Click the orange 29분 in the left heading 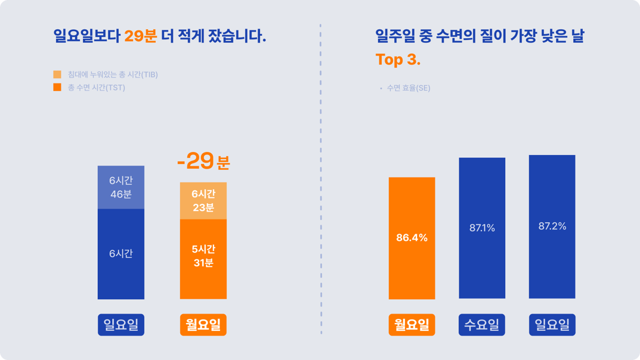(x=140, y=36)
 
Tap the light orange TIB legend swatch (x=57, y=74)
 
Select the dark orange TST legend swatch (x=57, y=87)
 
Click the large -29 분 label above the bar (x=203, y=161)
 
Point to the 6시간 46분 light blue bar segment (x=121, y=187)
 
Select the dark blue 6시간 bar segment (x=121, y=254)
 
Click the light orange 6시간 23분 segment (x=203, y=201)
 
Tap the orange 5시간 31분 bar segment (x=203, y=259)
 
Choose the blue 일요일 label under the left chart (x=121, y=324)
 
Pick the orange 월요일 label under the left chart (x=203, y=324)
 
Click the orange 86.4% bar (x=412, y=238)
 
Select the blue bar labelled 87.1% (x=482, y=228)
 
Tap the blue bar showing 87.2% (x=552, y=226)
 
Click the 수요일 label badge (x=482, y=324)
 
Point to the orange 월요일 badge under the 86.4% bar (x=412, y=324)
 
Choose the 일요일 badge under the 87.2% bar (x=552, y=324)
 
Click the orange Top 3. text (x=398, y=60)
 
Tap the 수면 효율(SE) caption (x=409, y=88)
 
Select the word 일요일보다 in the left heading (x=87, y=36)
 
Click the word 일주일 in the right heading (x=395, y=36)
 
